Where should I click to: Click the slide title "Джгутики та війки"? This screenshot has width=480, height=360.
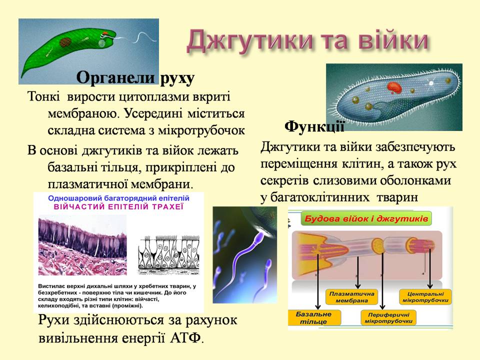307,41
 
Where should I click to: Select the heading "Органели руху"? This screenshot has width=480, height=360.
135,78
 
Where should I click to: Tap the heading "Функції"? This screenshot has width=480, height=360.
314,126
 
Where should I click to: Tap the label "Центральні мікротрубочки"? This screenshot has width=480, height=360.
423,297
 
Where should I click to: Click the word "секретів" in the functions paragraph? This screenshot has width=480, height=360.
284,180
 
